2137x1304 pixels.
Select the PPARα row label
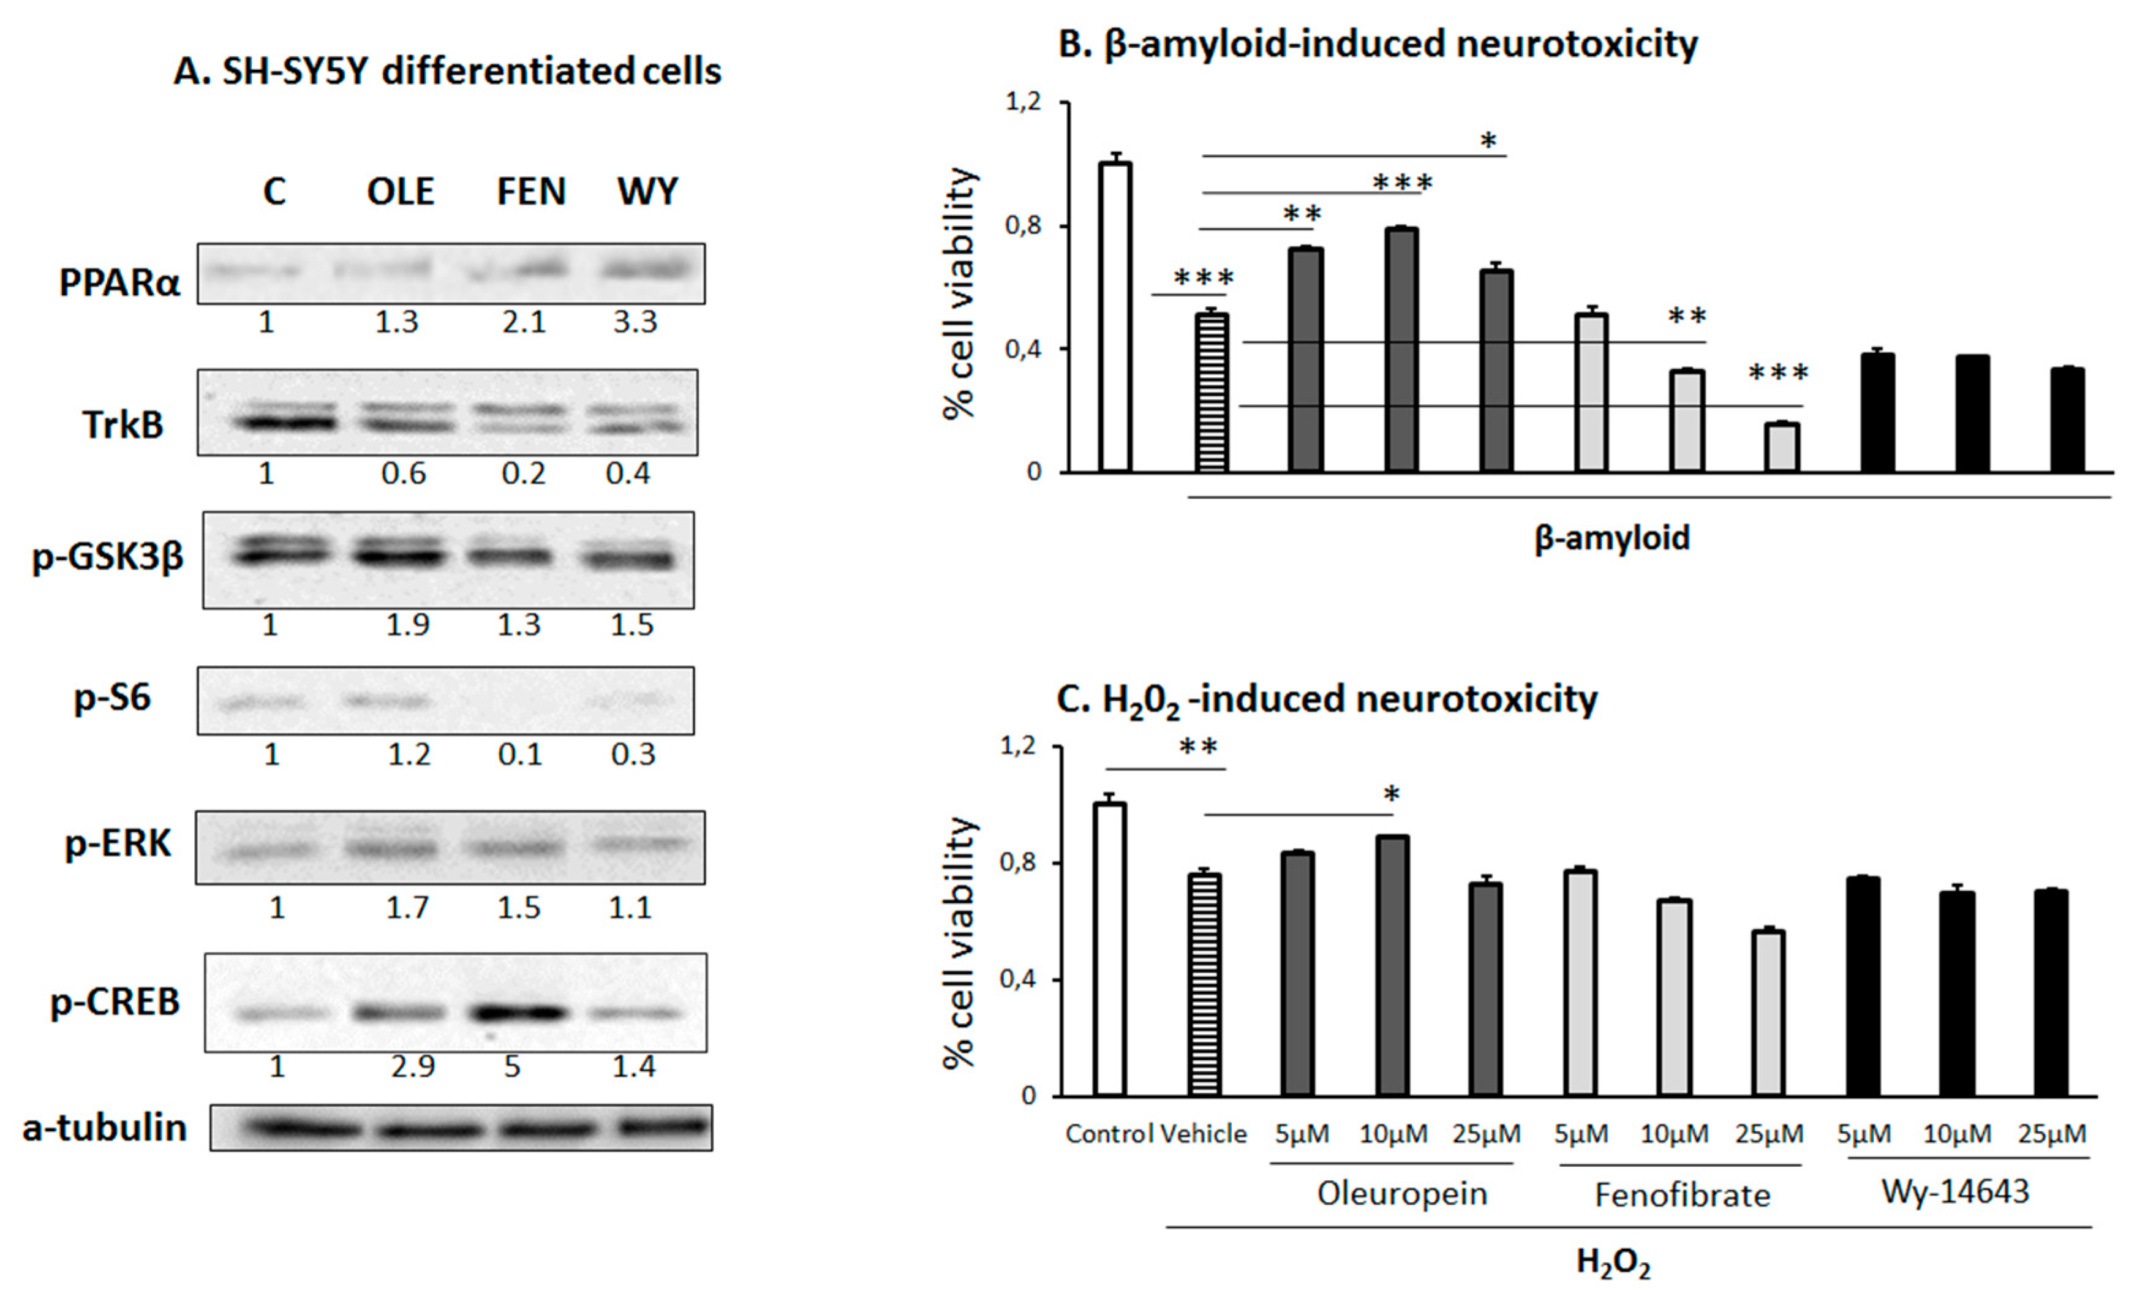point(119,282)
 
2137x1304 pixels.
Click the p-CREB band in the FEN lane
point(517,1012)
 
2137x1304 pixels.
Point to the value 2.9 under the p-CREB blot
point(412,1066)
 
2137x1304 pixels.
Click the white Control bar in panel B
point(1115,317)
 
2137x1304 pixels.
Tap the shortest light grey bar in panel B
point(1782,447)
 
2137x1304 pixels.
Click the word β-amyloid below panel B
point(1611,538)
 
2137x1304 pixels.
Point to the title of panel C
point(1326,699)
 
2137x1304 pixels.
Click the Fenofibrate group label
point(1682,1196)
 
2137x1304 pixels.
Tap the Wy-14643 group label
point(1955,1192)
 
